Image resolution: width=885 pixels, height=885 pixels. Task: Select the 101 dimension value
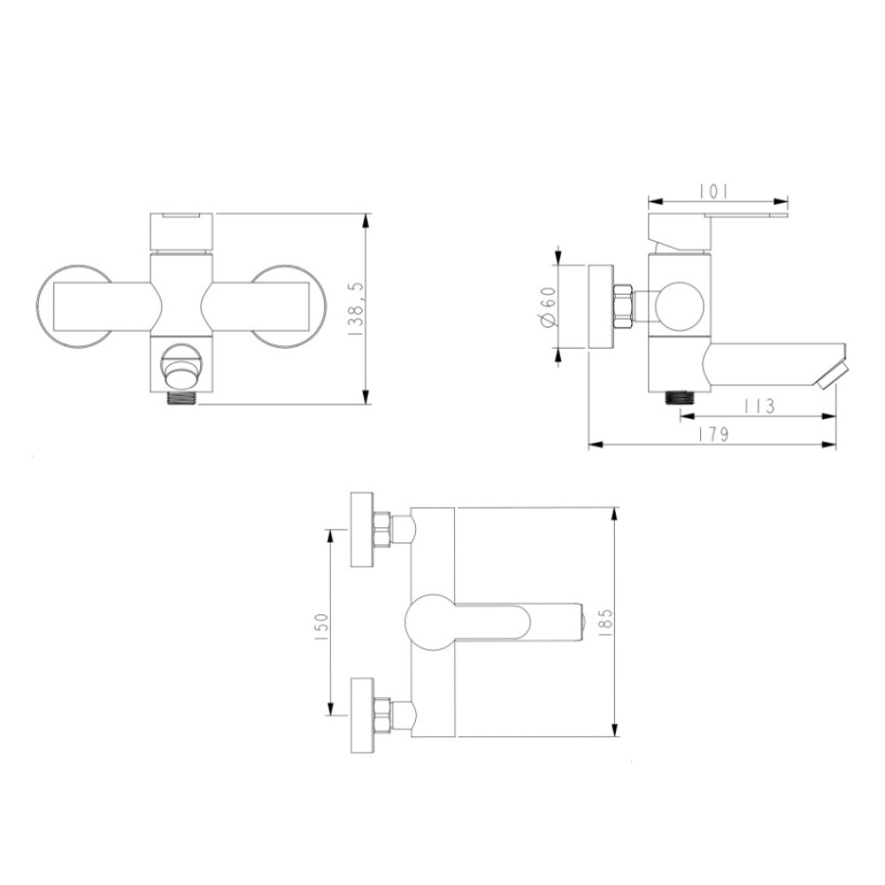point(713,192)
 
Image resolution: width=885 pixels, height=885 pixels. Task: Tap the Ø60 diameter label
point(548,308)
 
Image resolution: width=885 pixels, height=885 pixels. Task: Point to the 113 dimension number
point(758,405)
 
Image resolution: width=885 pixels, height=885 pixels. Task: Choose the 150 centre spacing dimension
point(320,626)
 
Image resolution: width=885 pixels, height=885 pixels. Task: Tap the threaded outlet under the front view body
point(181,397)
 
